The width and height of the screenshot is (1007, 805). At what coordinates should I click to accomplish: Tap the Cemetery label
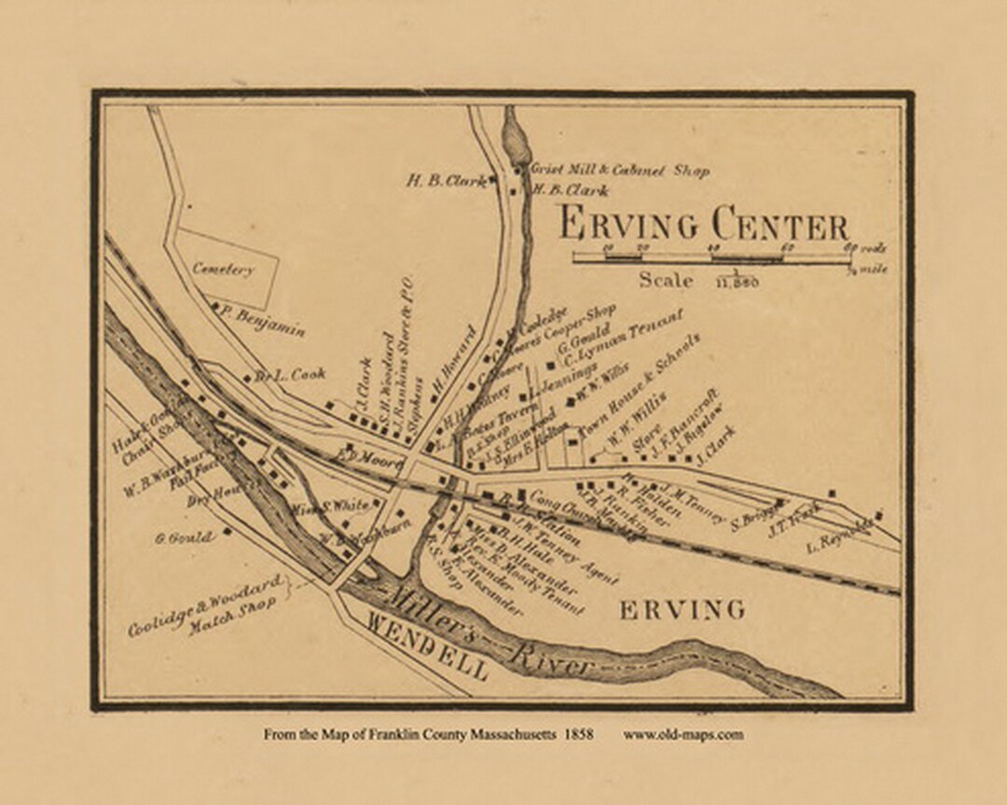coord(223,269)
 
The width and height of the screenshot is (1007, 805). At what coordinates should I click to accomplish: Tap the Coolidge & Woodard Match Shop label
coord(207,607)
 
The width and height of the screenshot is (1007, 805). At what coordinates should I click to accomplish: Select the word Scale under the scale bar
coord(666,280)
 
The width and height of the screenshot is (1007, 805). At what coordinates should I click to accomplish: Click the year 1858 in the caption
coord(577,734)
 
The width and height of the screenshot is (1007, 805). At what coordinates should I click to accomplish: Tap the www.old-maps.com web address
coord(683,734)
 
